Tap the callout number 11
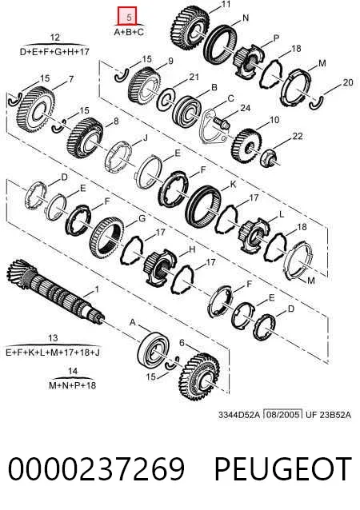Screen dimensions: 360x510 226,4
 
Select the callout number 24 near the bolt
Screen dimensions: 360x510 245,108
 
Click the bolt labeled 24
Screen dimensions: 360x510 222,123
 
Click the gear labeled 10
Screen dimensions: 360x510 246,145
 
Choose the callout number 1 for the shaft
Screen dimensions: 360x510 96,289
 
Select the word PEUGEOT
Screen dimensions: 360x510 283,468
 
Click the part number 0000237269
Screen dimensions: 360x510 96,468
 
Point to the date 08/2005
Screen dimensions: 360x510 282,414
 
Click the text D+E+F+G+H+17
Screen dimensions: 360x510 54,52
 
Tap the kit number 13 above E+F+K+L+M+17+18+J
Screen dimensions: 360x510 53,338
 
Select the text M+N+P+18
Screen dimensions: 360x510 72,385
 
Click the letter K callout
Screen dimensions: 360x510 233,185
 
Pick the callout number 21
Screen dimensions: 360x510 194,77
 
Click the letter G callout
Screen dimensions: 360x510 142,218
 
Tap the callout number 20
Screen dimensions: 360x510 348,82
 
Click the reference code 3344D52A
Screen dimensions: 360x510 239,415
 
